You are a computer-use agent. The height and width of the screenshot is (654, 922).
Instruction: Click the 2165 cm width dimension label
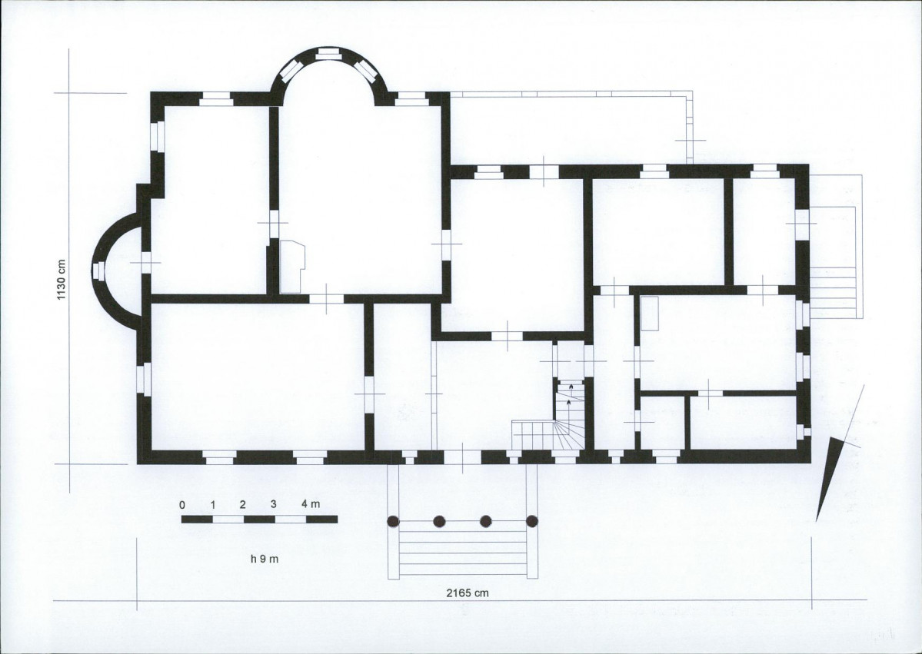pos(467,593)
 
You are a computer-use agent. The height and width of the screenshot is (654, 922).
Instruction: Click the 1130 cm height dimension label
pos(62,280)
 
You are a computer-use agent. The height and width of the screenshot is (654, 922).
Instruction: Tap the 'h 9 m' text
pos(265,559)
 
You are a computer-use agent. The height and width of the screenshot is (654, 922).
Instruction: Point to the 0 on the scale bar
pos(182,505)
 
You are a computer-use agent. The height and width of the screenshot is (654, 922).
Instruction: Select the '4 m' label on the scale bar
pos(311,503)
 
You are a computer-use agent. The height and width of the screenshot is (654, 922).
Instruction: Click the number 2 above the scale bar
pos(242,504)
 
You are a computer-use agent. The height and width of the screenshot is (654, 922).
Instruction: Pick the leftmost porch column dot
pos(394,521)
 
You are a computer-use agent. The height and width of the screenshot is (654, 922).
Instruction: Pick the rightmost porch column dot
pos(531,520)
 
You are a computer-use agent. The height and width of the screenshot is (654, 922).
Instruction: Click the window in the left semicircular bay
pos(98,271)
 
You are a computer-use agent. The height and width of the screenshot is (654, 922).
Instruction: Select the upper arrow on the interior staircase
pos(571,388)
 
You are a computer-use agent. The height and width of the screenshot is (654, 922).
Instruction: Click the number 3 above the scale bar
pos(274,504)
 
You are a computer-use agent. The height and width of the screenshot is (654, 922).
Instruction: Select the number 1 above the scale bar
pos(213,505)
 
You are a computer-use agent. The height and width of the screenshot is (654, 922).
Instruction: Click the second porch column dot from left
pos(439,521)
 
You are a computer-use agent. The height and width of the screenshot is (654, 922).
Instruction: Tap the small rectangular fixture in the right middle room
pos(649,313)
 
